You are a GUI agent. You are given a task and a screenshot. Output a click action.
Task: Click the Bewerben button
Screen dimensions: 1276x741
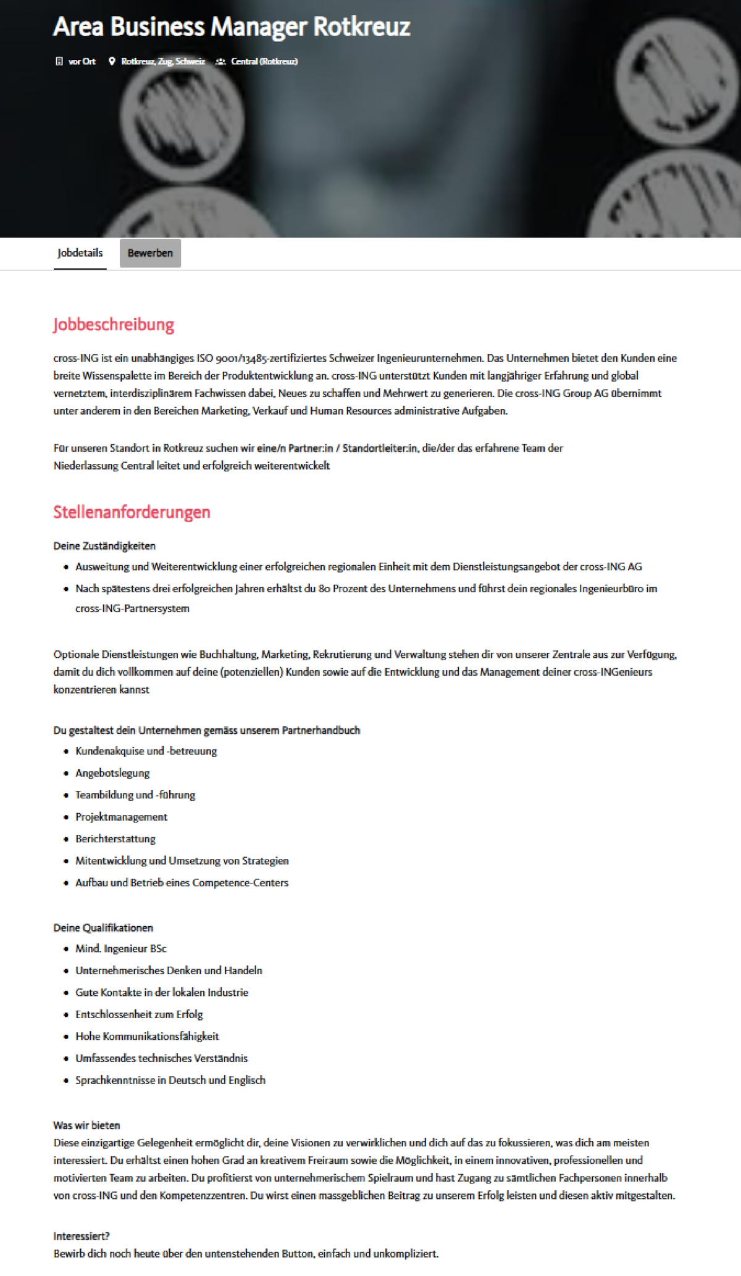point(150,253)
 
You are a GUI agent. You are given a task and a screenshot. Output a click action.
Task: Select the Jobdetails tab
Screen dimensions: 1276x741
point(80,253)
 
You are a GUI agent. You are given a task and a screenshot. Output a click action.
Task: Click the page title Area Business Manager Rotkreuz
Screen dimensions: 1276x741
point(232,27)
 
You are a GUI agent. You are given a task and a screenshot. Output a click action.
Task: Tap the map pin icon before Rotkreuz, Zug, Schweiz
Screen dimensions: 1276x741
point(112,61)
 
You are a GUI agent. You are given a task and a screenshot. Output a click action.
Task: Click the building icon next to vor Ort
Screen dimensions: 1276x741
point(59,61)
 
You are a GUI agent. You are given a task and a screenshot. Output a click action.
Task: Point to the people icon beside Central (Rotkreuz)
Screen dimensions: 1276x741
point(220,61)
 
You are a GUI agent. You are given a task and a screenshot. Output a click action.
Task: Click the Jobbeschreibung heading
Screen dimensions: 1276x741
point(114,325)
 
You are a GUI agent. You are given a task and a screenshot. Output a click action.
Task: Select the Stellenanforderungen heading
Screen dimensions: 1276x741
point(132,512)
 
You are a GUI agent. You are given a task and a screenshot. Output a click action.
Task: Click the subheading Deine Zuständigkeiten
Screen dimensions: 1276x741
point(104,546)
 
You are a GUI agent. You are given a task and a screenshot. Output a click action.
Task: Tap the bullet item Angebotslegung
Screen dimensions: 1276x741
point(112,773)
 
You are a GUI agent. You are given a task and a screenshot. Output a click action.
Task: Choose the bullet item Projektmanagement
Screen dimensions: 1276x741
point(121,817)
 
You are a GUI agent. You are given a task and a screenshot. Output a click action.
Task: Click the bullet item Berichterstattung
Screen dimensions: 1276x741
point(115,839)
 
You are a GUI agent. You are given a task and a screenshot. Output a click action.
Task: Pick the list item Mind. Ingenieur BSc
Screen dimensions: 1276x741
point(121,948)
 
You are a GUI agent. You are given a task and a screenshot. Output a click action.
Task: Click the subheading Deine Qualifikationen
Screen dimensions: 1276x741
point(103,928)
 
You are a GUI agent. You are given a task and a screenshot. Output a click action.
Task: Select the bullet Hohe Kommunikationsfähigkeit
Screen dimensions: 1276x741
point(147,1036)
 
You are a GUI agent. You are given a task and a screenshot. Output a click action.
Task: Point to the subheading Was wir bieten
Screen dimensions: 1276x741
point(86,1125)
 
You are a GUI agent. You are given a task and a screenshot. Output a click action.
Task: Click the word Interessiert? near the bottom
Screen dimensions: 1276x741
point(82,1236)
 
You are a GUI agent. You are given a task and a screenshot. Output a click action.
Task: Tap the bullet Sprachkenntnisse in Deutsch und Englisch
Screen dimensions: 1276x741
point(170,1080)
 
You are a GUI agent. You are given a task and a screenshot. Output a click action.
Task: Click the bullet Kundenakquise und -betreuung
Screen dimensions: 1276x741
point(146,751)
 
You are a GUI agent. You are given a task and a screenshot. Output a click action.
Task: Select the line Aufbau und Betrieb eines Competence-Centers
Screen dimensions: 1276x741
point(182,883)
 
